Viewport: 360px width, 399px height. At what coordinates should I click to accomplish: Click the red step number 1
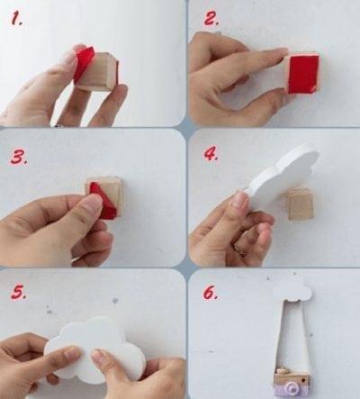(x=16, y=19)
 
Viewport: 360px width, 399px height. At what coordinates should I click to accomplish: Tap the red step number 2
(x=211, y=19)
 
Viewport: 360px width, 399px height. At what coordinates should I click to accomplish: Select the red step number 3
(x=19, y=157)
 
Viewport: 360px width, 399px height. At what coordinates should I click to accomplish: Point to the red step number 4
(x=211, y=154)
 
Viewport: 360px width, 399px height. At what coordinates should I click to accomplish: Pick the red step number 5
(x=19, y=292)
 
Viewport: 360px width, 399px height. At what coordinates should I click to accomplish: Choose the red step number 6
(x=210, y=292)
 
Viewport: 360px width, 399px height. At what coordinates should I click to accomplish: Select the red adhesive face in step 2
(x=302, y=74)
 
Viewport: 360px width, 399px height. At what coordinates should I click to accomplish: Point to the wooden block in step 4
(x=301, y=204)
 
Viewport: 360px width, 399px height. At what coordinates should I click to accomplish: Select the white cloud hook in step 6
(x=292, y=291)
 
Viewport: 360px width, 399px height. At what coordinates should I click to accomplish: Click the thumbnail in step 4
(x=239, y=201)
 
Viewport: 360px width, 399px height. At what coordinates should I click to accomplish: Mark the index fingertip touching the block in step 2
(x=281, y=54)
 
